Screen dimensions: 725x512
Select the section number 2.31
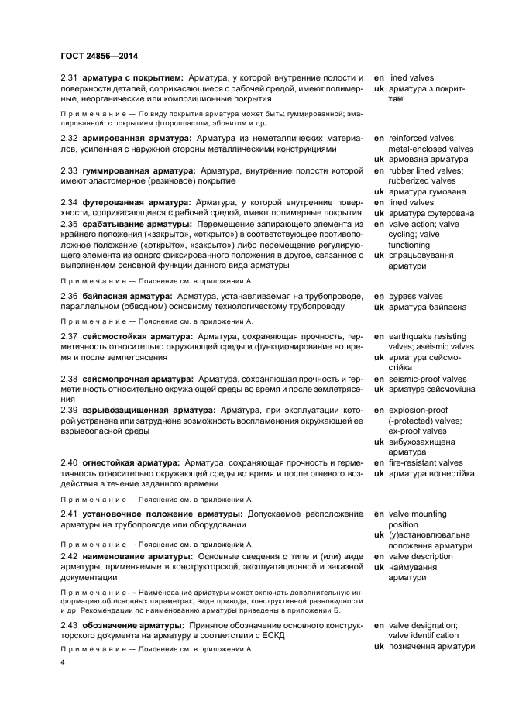tap(70, 78)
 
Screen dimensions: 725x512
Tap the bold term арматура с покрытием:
tap(132, 78)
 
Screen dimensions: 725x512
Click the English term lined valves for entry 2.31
tap(411, 78)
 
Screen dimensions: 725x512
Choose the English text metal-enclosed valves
tap(430, 149)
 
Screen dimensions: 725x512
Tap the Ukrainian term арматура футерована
tap(432, 213)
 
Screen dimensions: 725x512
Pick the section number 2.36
tap(70, 296)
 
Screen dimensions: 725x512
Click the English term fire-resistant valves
tap(425, 462)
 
